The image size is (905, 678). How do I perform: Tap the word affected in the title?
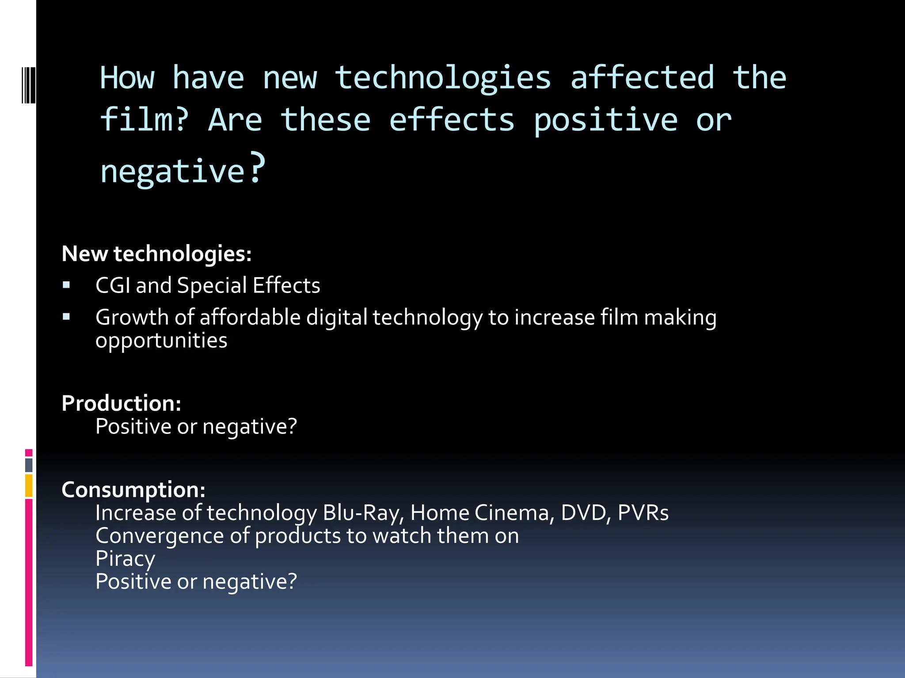click(x=642, y=78)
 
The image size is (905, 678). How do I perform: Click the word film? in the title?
click(x=144, y=120)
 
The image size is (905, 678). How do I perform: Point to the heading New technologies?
click(x=156, y=254)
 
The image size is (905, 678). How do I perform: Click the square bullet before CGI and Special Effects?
click(x=66, y=285)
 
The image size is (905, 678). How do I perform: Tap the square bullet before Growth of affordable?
click(x=66, y=316)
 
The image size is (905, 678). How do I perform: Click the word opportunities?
click(x=161, y=341)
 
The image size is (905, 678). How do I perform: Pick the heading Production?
click(x=121, y=403)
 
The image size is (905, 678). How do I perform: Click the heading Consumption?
click(x=133, y=490)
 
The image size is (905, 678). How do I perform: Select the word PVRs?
click(x=643, y=513)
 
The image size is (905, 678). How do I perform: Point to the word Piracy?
click(x=125, y=559)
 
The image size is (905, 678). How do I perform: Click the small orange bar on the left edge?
click(x=29, y=485)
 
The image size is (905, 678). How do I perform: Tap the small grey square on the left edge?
click(x=29, y=465)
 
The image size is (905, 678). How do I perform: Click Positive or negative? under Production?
click(x=196, y=426)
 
